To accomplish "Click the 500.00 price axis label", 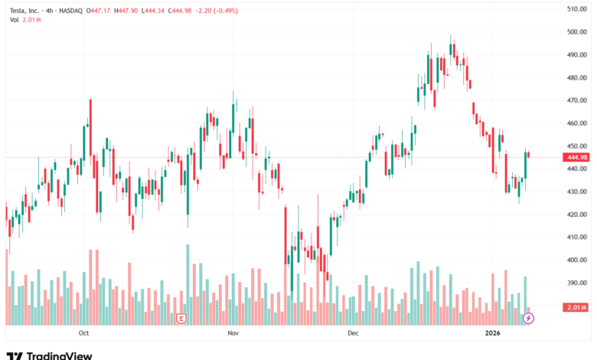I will point(576,31).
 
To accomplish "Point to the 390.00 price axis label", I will point(576,283).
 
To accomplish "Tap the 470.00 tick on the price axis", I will point(576,100).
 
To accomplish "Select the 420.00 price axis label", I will point(576,214).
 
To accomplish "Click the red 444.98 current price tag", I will point(575,157).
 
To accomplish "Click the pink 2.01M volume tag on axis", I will point(575,307).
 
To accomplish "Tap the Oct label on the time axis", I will point(84,333).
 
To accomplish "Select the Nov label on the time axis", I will point(233,333).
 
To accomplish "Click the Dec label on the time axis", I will point(353,333).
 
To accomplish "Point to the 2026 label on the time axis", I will point(494,333).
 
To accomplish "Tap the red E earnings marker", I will point(181,317).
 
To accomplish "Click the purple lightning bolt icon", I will point(527,317).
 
